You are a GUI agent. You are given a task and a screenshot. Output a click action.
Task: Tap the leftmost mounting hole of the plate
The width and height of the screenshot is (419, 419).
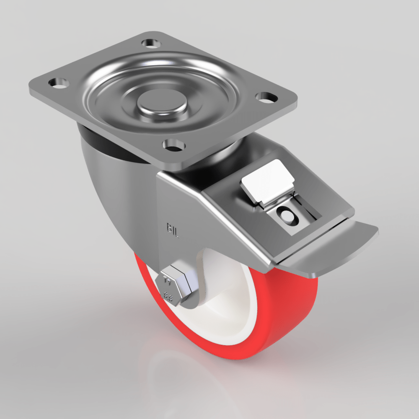pos(59,83)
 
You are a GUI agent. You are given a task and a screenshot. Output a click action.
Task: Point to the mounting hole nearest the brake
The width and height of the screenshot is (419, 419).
pos(174,145)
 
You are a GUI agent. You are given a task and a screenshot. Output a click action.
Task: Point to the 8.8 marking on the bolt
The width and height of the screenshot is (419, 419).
pos(168,298)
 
